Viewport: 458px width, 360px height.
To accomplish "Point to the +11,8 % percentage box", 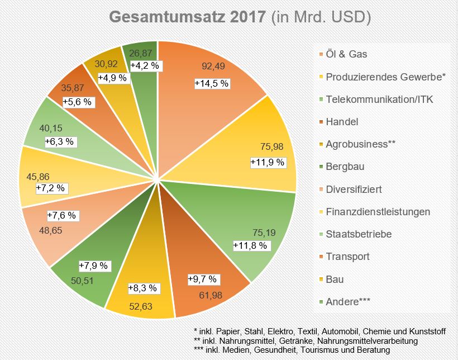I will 251,244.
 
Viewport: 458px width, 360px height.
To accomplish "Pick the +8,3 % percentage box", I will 144,289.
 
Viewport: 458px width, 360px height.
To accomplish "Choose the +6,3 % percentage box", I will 60,142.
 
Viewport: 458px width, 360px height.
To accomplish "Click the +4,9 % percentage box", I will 113,78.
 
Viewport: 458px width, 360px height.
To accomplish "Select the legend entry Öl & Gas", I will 346,54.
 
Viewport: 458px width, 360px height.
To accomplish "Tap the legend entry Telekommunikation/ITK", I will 379,100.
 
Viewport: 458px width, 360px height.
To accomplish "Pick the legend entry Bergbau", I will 345,167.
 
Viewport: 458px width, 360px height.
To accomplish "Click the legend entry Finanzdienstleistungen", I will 378,212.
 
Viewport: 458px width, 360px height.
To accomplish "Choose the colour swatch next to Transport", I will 318,257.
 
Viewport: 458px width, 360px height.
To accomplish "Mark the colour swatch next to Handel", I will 318,122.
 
